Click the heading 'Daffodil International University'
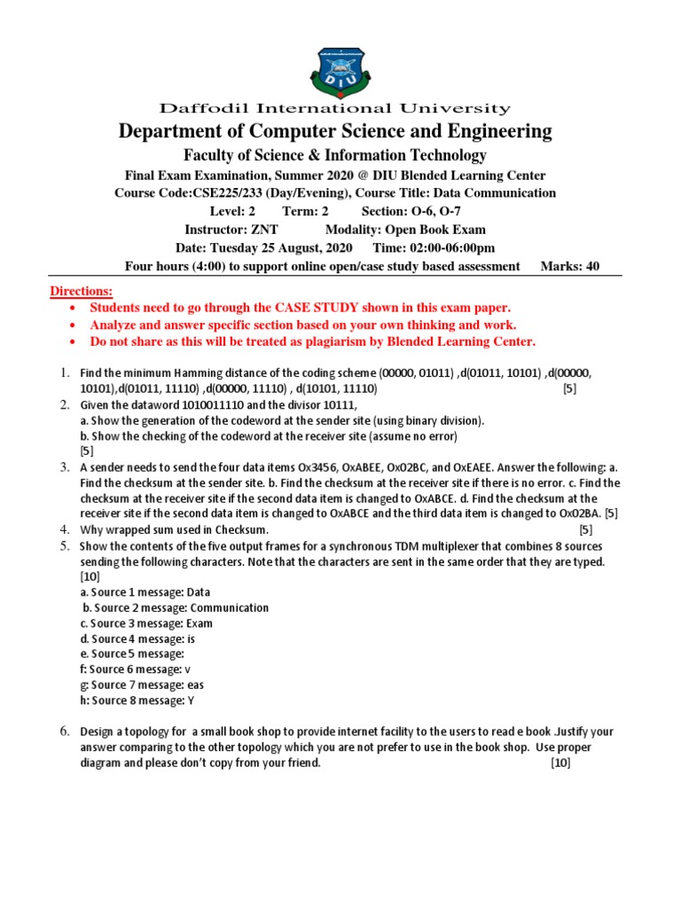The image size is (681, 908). (334, 109)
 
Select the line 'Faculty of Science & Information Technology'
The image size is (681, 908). (334, 155)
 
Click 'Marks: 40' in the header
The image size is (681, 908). (569, 266)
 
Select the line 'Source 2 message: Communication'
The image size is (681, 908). (176, 607)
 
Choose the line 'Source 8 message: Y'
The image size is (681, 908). (139, 701)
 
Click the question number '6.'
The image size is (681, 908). (66, 731)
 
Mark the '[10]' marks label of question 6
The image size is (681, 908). (560, 762)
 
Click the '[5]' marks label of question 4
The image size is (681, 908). (585, 529)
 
